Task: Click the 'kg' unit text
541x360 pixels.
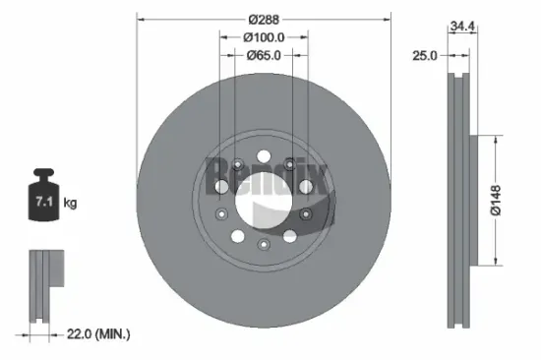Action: (69, 204)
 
